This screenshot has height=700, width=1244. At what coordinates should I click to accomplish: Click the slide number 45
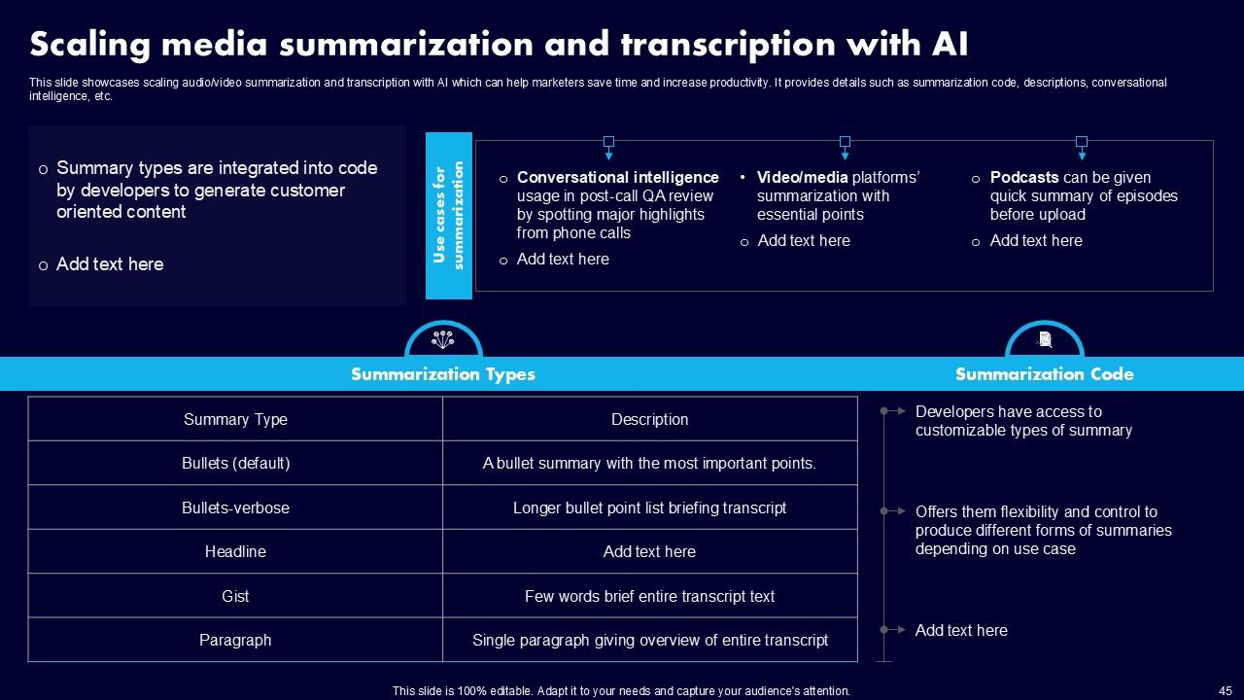coord(1225,690)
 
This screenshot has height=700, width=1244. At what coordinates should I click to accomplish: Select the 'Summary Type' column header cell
coord(235,420)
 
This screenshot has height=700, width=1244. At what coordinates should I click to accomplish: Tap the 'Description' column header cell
coord(649,420)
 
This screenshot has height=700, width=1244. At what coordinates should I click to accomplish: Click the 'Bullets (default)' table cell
coord(235,464)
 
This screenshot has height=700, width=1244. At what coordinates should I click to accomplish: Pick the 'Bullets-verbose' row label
coord(235,508)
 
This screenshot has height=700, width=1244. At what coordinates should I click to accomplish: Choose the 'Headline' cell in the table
coord(235,552)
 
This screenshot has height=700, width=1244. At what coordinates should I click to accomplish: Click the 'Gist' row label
coord(235,597)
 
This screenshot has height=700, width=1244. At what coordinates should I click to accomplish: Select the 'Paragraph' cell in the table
coord(235,641)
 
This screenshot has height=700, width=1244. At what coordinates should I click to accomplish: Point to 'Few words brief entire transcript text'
coord(649,597)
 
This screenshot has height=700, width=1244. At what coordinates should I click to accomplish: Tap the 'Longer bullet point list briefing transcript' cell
coord(649,508)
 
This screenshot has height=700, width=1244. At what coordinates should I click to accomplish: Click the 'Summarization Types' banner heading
coord(442,374)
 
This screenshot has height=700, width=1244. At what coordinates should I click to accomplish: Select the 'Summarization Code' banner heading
coord(1044,374)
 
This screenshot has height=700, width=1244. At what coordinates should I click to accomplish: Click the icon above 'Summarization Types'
coord(443,340)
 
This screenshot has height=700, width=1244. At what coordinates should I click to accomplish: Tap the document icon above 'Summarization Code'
coord(1045,339)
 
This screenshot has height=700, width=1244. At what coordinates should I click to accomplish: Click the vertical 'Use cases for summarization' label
coord(448,216)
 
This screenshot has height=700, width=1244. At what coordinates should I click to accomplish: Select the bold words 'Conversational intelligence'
coord(617,178)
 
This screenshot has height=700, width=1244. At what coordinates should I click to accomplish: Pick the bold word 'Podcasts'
coord(1024,178)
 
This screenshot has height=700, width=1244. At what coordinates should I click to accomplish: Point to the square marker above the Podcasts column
coord(1081,142)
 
